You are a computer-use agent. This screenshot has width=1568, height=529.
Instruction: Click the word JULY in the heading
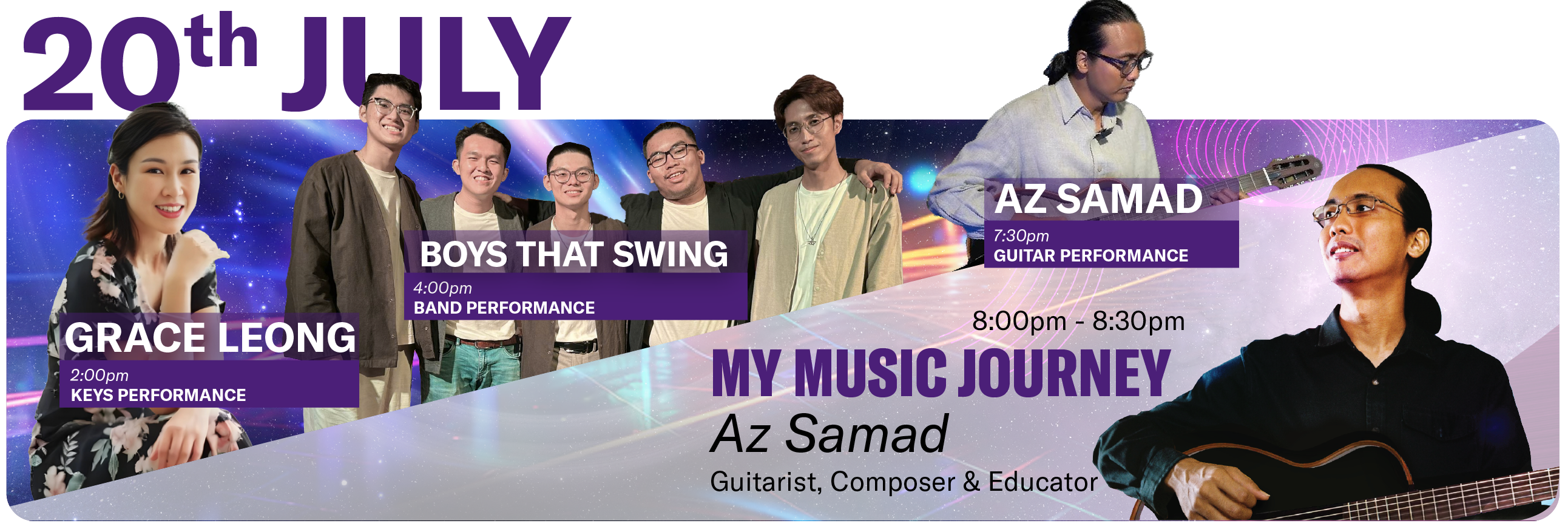tap(426, 63)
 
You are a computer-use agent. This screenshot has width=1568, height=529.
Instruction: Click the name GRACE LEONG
tap(210, 338)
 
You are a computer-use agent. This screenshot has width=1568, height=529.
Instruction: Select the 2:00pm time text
tap(100, 376)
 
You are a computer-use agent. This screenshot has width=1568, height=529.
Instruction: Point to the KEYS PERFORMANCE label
tap(158, 396)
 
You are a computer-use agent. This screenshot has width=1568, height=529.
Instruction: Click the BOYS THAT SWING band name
tap(574, 254)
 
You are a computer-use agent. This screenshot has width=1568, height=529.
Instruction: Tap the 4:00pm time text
tap(442, 288)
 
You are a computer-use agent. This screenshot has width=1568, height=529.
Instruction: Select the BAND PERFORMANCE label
tap(504, 308)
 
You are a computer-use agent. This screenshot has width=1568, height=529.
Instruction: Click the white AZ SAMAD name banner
tap(1099, 200)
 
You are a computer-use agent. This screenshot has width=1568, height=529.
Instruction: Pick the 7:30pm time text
tap(1021, 235)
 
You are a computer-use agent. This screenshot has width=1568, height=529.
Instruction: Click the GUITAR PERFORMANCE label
tap(1091, 255)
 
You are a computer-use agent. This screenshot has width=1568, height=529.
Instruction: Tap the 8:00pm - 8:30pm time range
tap(1078, 322)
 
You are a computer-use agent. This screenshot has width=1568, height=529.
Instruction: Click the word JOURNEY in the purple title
tap(1064, 372)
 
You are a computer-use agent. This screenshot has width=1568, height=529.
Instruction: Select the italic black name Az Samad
tap(830, 434)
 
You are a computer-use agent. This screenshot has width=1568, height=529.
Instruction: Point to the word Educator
tap(1043, 482)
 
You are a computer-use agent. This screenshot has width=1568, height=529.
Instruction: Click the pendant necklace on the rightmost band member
tap(811, 242)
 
